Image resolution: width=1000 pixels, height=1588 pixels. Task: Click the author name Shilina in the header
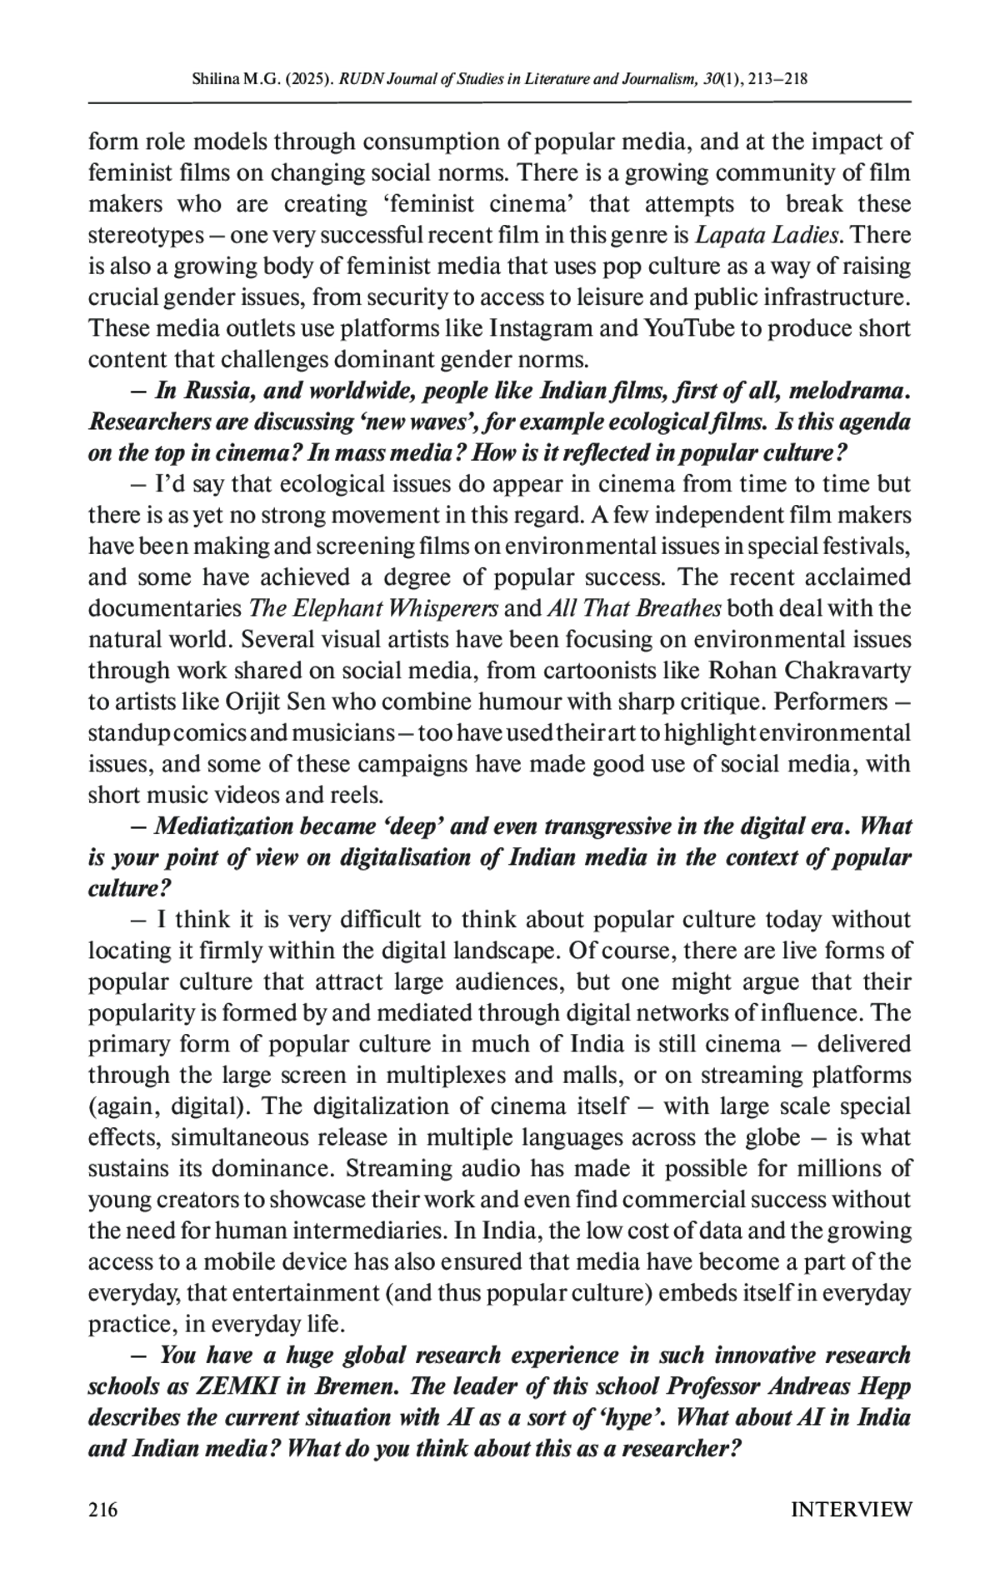pos(213,80)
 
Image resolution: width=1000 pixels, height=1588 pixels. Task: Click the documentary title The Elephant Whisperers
pos(373,609)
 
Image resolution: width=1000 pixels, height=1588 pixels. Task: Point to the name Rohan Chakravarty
pos(809,671)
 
